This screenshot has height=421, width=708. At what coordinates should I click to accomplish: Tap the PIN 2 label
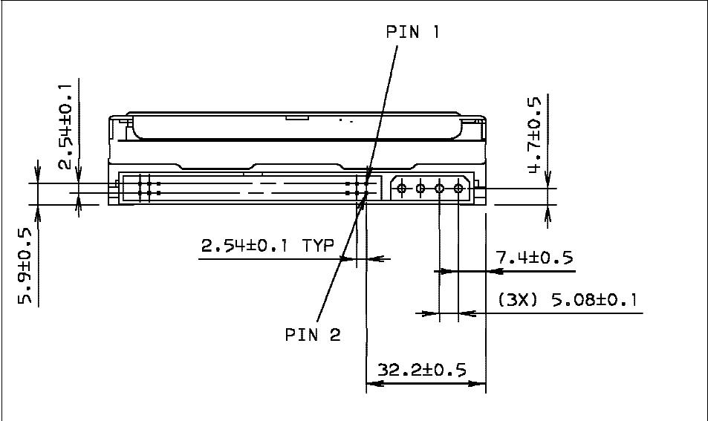[x=313, y=334]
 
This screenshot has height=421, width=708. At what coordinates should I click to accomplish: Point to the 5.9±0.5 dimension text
[x=26, y=267]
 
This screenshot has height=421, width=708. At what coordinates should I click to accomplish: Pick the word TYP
[x=319, y=245]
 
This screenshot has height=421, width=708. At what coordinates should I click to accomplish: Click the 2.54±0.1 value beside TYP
[x=249, y=245]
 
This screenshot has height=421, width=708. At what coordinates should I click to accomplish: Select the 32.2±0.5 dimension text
[x=422, y=369]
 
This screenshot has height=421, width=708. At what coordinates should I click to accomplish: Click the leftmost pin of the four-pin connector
[x=402, y=189]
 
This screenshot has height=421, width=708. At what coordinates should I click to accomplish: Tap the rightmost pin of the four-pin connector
[x=458, y=189]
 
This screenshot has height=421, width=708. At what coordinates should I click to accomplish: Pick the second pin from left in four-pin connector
[x=420, y=189]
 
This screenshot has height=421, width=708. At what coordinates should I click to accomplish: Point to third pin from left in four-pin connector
[x=439, y=189]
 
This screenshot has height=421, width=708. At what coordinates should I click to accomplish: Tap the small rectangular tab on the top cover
[x=297, y=117]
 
